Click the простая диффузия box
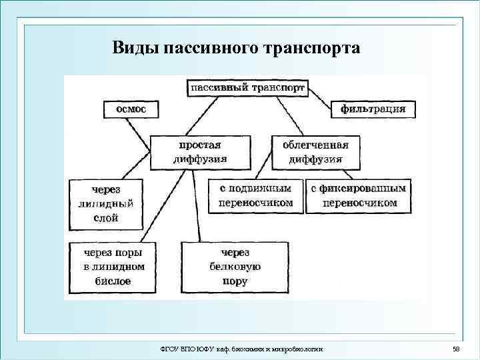point(200,152)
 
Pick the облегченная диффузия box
point(315,152)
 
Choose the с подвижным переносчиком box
point(255,195)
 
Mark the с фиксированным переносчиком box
point(359,195)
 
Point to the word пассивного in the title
point(209,49)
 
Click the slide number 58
point(456,349)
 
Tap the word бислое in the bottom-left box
point(112,281)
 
